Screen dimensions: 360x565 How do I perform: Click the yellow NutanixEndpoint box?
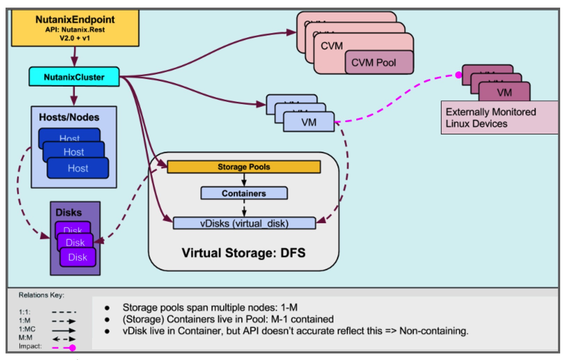(x=75, y=28)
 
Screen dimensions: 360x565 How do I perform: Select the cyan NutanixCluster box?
(x=74, y=77)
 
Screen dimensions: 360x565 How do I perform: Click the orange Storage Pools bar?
(x=244, y=167)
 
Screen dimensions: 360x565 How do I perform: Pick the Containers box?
(x=244, y=193)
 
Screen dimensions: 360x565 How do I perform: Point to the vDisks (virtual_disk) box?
(x=244, y=223)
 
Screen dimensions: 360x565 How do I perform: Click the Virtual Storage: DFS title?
(x=243, y=253)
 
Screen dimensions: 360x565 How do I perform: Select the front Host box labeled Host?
(x=78, y=168)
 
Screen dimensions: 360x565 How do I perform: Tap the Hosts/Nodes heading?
(x=69, y=117)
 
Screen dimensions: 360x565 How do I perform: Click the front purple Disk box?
(x=78, y=257)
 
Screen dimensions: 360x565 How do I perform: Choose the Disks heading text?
(x=69, y=212)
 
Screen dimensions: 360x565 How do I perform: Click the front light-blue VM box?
(x=308, y=122)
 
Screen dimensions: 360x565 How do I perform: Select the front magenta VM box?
(x=504, y=93)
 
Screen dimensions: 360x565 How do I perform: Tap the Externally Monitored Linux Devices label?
(x=490, y=118)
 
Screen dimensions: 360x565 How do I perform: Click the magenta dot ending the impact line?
(x=458, y=75)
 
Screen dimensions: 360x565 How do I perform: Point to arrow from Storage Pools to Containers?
(x=244, y=179)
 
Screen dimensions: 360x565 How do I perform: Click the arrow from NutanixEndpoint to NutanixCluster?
(x=75, y=56)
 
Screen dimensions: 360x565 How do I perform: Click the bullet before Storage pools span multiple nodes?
(x=107, y=308)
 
